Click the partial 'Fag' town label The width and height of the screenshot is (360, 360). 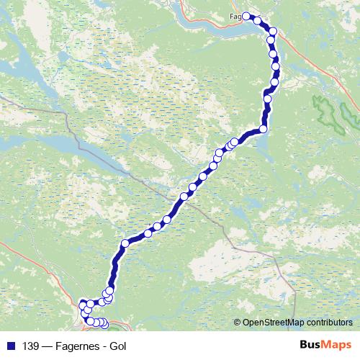click(x=234, y=16)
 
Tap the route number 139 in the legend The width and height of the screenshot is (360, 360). click(x=32, y=345)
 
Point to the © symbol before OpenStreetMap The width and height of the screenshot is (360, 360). click(x=238, y=322)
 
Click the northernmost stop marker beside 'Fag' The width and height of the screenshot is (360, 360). click(x=246, y=16)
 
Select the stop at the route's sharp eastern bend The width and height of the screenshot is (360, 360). click(x=264, y=129)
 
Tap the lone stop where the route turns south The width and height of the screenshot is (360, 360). click(x=125, y=244)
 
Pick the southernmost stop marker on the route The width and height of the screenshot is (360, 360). click(x=104, y=325)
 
